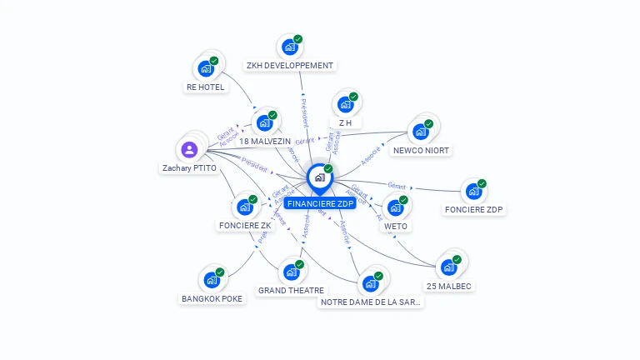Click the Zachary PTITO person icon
(189, 150)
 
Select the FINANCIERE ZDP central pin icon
(319, 177)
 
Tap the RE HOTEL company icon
(205, 69)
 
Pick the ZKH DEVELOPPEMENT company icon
(289, 47)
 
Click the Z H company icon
(345, 105)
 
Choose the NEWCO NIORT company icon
(420, 132)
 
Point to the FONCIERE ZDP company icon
(473, 192)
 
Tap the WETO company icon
(395, 207)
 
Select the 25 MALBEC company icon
(448, 267)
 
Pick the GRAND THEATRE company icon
(291, 272)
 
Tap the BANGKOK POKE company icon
(212, 280)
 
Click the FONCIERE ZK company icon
(244, 207)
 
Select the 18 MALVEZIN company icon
(264, 123)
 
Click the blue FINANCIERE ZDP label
(320, 203)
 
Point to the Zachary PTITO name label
(189, 167)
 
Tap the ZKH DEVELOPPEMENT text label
(290, 65)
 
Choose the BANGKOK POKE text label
(212, 298)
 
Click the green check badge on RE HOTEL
(214, 61)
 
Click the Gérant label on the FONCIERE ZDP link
(397, 184)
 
